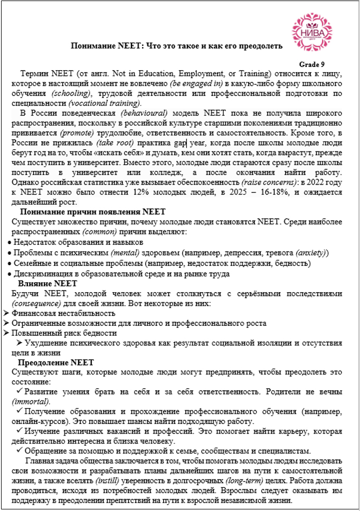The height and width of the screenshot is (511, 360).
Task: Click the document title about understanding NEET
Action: [176, 46]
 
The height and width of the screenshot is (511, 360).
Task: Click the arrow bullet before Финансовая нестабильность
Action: [6, 313]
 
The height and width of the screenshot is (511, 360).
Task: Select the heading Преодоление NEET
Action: [56, 363]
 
